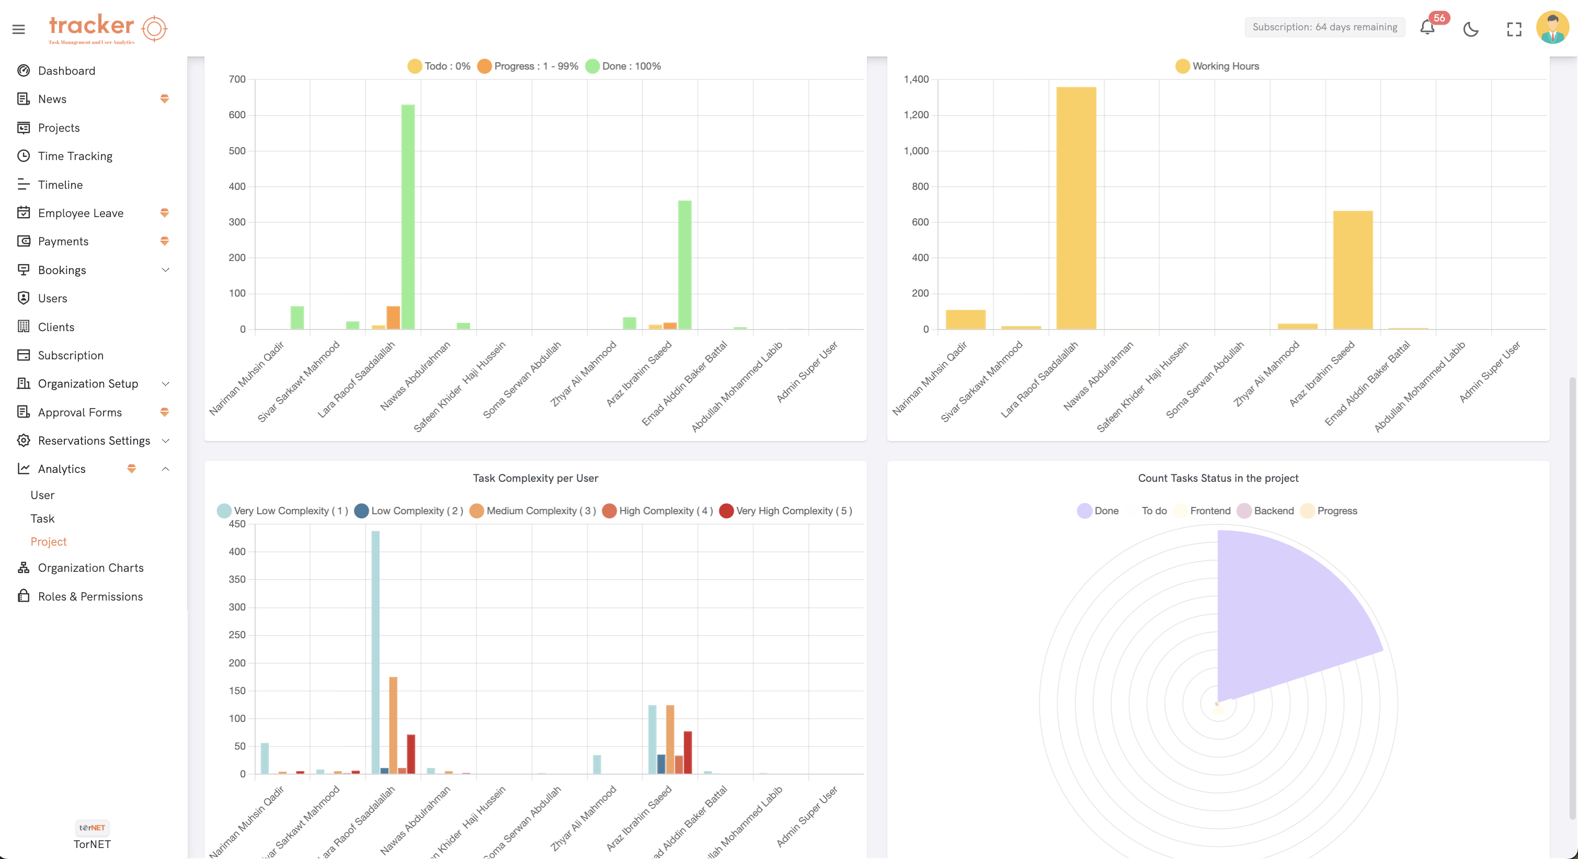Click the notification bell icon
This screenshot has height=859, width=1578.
(x=1427, y=28)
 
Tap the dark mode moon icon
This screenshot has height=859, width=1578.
(x=1471, y=29)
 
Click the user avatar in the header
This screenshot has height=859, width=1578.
(x=1552, y=28)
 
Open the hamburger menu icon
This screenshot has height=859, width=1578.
(x=18, y=29)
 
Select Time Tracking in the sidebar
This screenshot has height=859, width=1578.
(x=75, y=155)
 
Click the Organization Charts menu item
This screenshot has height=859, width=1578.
(x=90, y=568)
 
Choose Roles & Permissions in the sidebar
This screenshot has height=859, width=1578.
(x=90, y=596)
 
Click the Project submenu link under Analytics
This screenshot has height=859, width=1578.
(x=49, y=541)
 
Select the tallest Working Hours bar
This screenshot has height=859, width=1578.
(x=1076, y=208)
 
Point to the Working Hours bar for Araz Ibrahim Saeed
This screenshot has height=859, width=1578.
(x=1353, y=269)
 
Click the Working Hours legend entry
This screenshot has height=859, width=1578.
(x=1217, y=66)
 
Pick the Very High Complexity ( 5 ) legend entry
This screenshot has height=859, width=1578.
(x=786, y=511)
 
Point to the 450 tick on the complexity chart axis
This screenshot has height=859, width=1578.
(x=237, y=524)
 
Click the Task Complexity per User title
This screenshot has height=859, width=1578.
(x=535, y=478)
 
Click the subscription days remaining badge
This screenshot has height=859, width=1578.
(x=1324, y=27)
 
